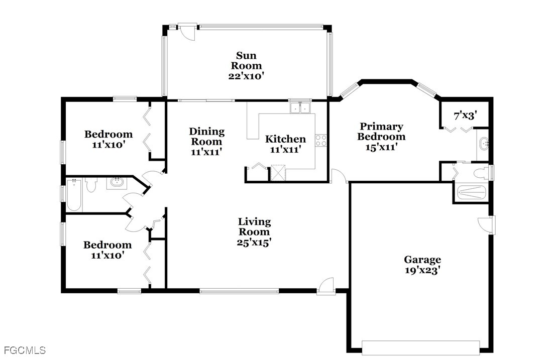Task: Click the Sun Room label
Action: (246, 61)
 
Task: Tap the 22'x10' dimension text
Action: (246, 76)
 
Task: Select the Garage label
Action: (422, 260)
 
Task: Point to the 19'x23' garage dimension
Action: (422, 270)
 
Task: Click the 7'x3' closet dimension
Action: (465, 115)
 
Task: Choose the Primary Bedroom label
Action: (381, 132)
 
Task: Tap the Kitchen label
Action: (285, 139)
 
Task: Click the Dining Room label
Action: (206, 137)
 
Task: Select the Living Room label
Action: (254, 226)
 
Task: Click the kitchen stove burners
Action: (321, 141)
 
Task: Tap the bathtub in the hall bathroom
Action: (74, 195)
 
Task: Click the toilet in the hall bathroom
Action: (91, 184)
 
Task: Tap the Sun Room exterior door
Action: (186, 32)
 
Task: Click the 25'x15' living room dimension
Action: (254, 243)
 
